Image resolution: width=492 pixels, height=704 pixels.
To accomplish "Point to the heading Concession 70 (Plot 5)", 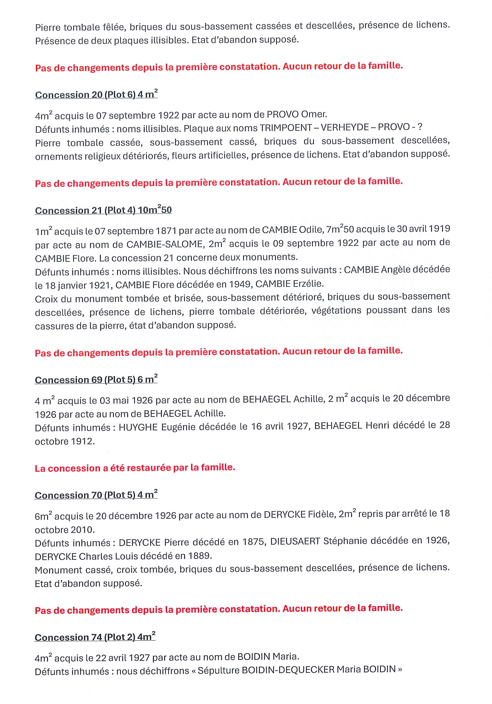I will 96,495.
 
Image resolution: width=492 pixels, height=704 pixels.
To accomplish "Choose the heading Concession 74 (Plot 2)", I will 95,637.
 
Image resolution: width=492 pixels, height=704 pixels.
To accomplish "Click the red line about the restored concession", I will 135,468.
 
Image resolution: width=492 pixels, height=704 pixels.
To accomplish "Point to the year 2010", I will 82,530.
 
